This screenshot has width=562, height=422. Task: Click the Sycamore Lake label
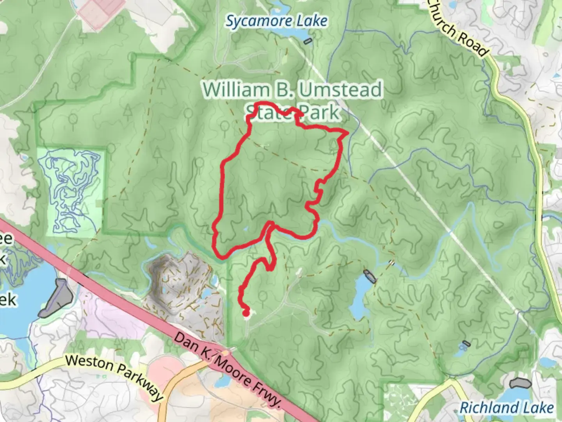(x=276, y=21)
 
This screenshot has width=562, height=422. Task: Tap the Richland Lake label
(x=507, y=408)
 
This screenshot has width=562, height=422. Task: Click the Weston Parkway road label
(x=114, y=377)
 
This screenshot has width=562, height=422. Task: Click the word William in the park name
(x=235, y=90)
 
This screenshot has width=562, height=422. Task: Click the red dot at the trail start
(x=246, y=312)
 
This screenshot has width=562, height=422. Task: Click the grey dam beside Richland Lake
(x=521, y=383)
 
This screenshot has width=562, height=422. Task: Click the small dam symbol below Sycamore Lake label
(x=308, y=41)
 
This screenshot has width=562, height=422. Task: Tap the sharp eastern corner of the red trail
(x=347, y=133)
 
